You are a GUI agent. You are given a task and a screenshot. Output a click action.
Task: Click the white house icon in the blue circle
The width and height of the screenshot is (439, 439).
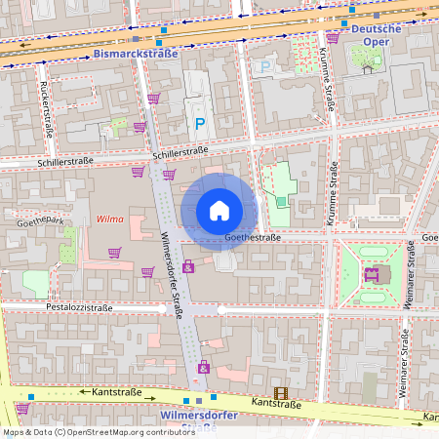[219, 211]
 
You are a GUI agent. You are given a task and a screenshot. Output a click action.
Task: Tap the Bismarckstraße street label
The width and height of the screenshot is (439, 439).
[136, 55]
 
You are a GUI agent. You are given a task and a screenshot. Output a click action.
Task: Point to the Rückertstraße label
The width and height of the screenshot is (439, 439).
[45, 106]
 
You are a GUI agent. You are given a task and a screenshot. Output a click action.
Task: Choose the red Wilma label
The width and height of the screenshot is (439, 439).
[109, 219]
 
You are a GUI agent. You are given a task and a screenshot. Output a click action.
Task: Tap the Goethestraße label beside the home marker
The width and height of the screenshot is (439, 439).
[252, 237]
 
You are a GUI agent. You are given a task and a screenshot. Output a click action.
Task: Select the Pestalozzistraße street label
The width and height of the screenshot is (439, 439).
[79, 307]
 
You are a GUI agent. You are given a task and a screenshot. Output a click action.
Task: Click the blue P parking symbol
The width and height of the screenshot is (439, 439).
[200, 124]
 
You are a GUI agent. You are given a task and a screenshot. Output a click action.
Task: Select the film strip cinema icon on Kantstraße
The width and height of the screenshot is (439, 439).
[282, 393]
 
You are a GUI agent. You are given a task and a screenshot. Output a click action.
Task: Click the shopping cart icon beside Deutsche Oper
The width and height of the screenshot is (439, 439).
[333, 37]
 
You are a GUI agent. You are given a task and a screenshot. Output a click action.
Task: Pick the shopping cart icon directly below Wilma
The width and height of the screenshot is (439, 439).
[115, 253]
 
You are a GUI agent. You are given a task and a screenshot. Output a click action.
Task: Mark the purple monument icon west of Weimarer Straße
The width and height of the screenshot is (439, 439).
[371, 274]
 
